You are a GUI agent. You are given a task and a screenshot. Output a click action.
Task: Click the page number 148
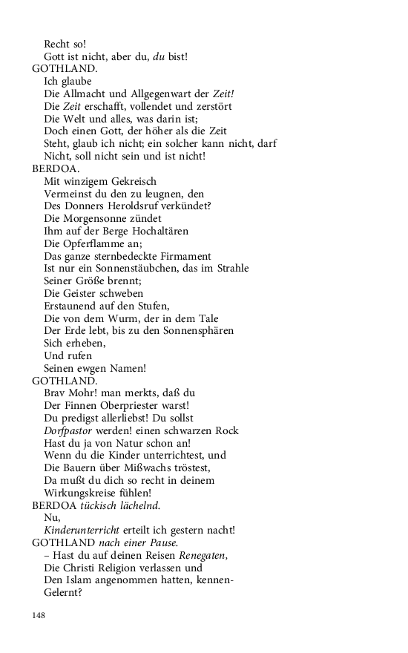(39, 615)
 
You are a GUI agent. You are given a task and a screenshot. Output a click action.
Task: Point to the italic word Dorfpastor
(70, 430)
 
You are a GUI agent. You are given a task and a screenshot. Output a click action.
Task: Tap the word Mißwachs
(150, 467)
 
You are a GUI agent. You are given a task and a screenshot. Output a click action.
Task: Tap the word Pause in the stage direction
(162, 542)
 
